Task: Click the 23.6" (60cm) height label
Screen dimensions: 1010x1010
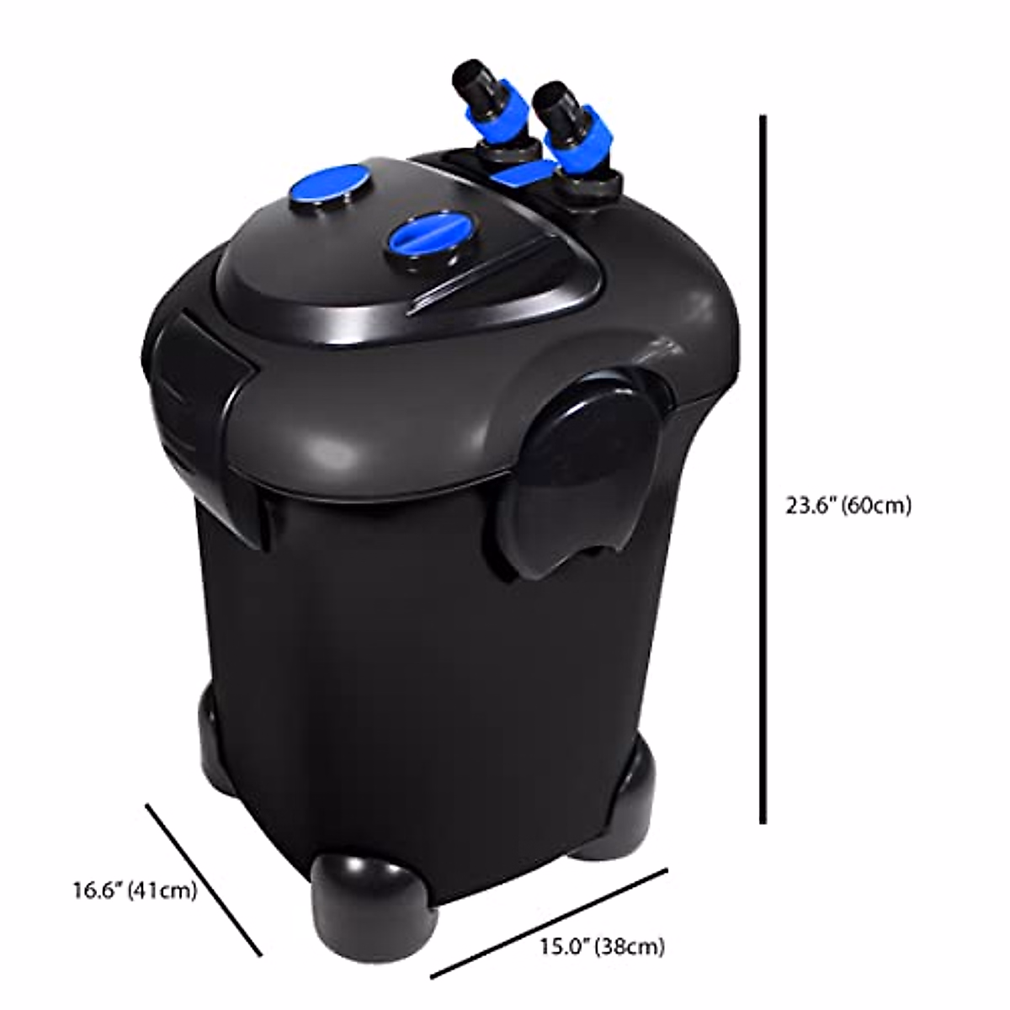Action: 848,506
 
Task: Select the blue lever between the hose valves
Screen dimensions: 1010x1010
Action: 523,174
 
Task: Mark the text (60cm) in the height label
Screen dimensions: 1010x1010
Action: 879,506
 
